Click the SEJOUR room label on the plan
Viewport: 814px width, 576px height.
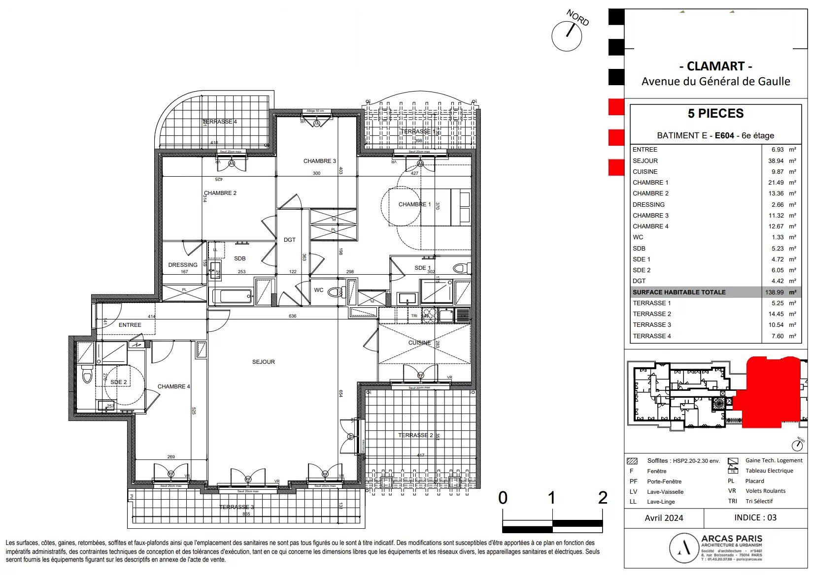coord(263,362)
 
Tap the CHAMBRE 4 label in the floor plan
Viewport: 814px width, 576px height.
coord(173,386)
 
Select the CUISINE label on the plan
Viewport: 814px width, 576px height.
coord(419,343)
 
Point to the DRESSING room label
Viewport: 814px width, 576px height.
coord(182,265)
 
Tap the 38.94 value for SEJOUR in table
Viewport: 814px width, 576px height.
coord(776,161)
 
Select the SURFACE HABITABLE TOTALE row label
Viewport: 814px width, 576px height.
coord(679,292)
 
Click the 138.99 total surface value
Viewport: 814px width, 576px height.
coord(774,292)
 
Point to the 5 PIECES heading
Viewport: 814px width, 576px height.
coord(715,114)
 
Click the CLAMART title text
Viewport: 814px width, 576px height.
coord(715,66)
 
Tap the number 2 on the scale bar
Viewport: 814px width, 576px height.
coord(602,498)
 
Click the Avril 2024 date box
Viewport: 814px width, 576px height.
coord(664,518)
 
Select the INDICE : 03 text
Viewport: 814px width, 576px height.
coord(755,518)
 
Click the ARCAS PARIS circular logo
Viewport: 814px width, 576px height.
coord(683,548)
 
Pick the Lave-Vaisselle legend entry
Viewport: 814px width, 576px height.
coord(665,492)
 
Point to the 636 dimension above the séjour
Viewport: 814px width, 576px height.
coord(293,316)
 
